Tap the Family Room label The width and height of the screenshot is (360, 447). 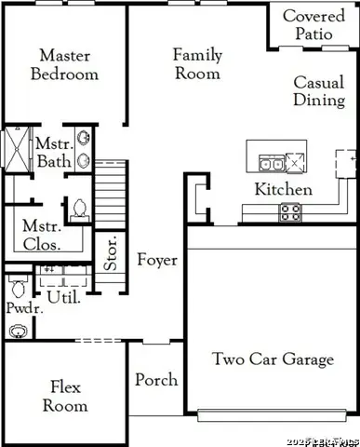197,63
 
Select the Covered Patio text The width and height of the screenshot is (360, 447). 313,26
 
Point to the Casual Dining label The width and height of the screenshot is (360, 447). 319,91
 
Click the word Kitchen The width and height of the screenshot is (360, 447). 284,190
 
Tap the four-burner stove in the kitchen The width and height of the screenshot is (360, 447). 290,212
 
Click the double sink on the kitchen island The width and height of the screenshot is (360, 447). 272,165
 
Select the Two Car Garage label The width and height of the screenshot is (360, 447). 272,359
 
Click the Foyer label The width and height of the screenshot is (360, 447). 157,260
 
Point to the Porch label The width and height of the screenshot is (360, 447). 156,380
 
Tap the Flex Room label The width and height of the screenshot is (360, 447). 69,395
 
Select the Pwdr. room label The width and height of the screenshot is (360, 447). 19,306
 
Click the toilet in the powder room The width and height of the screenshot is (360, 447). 16,282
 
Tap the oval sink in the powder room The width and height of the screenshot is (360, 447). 17,331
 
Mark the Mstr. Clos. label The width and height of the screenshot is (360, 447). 42,236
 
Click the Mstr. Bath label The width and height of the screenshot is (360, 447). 48,153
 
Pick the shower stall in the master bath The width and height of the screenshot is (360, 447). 16,153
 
